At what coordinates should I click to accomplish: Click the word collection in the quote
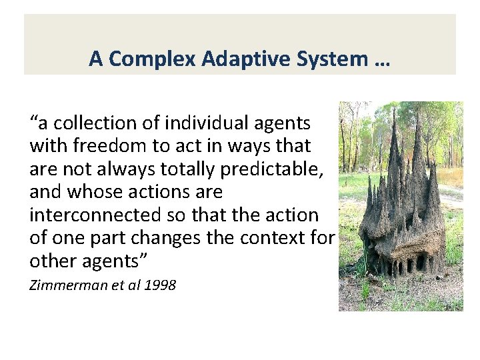[x=90, y=123]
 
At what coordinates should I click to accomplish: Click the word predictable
[x=274, y=169]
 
